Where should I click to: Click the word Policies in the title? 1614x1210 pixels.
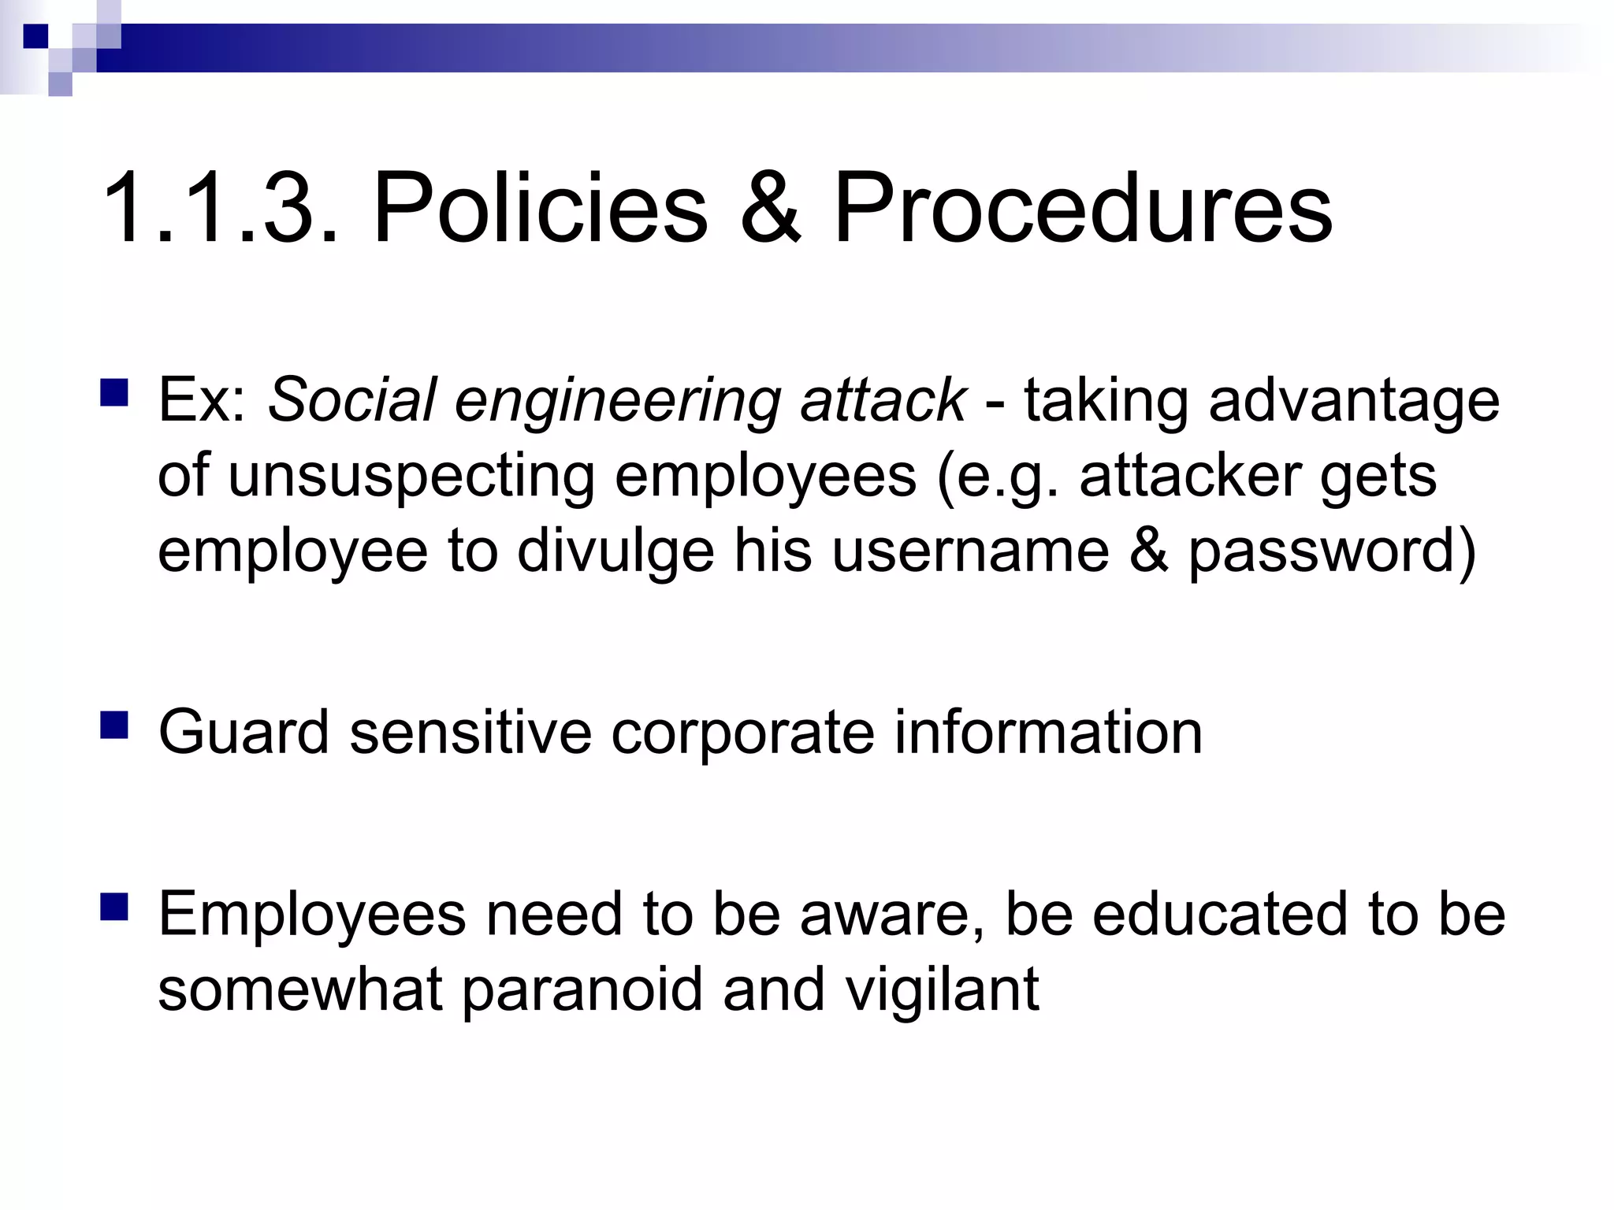(x=541, y=208)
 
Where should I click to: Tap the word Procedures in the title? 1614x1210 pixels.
(x=1082, y=208)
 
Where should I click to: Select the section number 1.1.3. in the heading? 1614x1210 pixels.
(x=221, y=208)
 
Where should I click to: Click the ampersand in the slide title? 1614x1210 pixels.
(x=771, y=208)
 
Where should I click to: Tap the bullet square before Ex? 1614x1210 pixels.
(x=115, y=392)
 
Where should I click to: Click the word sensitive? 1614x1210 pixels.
(x=470, y=732)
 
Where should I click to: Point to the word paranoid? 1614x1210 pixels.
(x=582, y=991)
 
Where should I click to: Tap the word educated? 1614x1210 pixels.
(x=1220, y=914)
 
